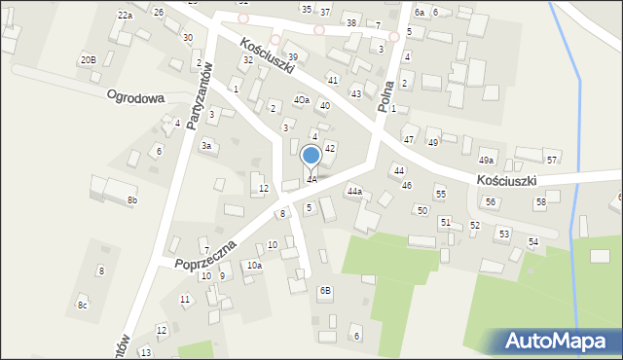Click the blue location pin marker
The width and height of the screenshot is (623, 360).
[x=311, y=157]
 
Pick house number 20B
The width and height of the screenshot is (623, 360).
[x=88, y=60]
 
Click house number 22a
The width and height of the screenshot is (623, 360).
[x=125, y=16]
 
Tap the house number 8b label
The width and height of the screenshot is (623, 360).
[x=132, y=200]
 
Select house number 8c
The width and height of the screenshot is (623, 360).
[x=83, y=306]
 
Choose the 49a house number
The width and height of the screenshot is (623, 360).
[x=486, y=161]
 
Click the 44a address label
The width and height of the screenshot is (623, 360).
[x=354, y=192]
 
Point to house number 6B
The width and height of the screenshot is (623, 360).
[x=325, y=290]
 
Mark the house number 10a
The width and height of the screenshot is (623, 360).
[x=254, y=266]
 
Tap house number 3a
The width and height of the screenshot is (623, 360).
[x=206, y=145]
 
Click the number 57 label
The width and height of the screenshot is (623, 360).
[x=552, y=160]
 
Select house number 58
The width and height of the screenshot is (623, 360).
[x=540, y=201]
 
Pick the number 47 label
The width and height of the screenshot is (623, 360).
[x=409, y=140]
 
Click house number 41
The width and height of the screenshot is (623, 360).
[x=333, y=79]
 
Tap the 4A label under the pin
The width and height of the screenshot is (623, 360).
[x=311, y=179]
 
